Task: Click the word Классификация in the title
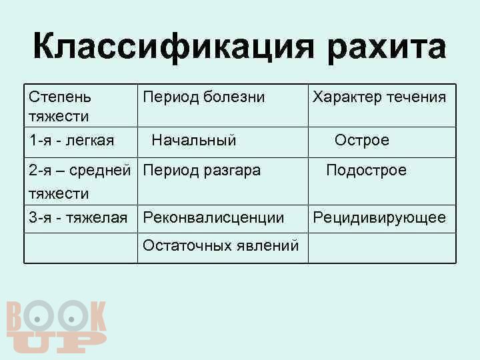point(173,47)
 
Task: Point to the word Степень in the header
point(60,97)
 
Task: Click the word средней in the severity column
point(100,171)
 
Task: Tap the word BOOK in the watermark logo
point(56,317)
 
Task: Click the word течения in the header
point(417,97)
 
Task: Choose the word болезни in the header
point(234,97)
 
